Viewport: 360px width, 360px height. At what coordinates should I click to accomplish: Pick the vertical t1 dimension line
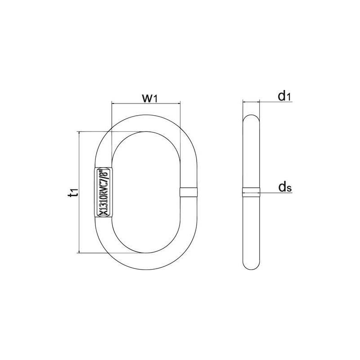[80, 193]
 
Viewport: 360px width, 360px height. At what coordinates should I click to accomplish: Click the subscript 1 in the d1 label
[288, 97]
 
